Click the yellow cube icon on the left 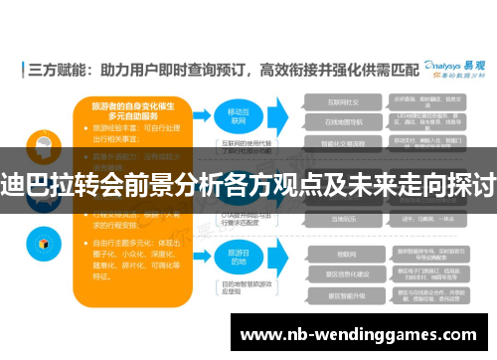[x=45, y=241]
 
